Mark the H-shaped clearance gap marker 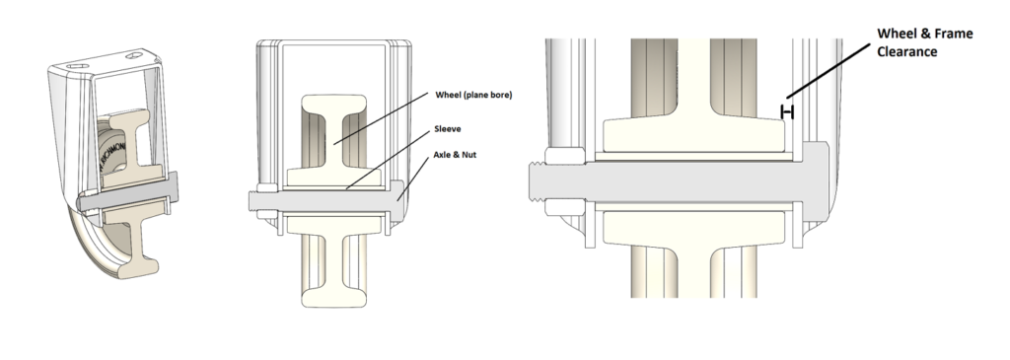click(787, 112)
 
